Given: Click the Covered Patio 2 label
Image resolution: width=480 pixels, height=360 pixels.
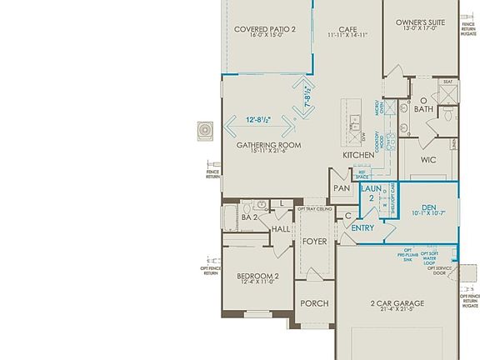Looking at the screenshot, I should click(x=263, y=29).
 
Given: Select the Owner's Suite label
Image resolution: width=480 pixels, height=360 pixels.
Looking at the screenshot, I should click(x=419, y=22).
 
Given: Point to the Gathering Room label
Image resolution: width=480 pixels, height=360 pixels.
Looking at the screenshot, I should click(x=268, y=145).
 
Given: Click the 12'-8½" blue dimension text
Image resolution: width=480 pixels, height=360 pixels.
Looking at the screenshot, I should click(x=257, y=120).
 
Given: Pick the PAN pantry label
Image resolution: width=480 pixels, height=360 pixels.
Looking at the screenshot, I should click(x=342, y=188).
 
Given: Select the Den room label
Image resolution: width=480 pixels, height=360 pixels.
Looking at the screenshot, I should click(x=429, y=207).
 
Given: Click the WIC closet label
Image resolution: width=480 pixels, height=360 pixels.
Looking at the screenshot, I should click(x=428, y=159).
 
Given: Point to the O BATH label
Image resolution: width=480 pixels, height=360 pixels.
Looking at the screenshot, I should click(x=424, y=105).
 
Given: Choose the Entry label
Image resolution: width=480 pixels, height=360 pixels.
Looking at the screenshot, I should click(x=362, y=227).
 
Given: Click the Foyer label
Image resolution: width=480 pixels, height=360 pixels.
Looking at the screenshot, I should click(x=314, y=242).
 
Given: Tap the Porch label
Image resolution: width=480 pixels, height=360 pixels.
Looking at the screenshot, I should click(x=314, y=303).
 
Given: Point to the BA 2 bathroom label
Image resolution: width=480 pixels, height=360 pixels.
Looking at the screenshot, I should click(x=248, y=217).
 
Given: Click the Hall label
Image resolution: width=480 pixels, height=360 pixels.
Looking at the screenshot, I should click(x=281, y=228).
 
